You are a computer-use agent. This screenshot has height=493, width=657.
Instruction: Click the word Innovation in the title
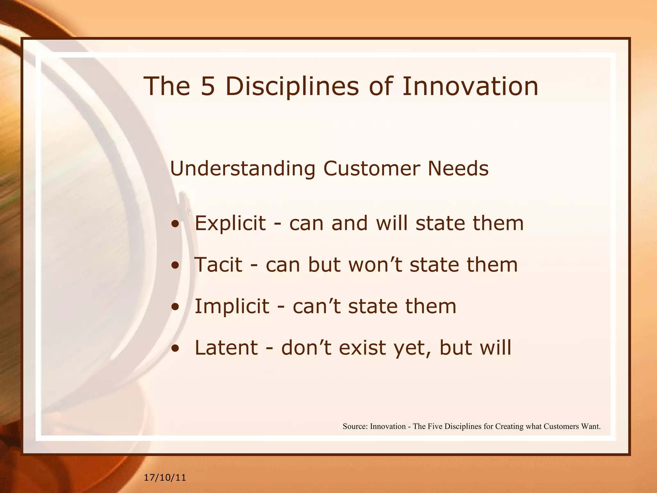470,86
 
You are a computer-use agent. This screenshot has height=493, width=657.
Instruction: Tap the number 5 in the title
208,86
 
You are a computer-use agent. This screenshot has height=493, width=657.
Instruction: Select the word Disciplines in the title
292,86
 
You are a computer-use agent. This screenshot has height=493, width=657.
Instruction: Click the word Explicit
230,223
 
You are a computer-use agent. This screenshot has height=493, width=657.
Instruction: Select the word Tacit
218,265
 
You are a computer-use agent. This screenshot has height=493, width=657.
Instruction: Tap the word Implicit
232,307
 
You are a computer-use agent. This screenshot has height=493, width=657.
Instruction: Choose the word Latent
226,348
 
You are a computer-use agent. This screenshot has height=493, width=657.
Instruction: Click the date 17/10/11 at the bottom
165,478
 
